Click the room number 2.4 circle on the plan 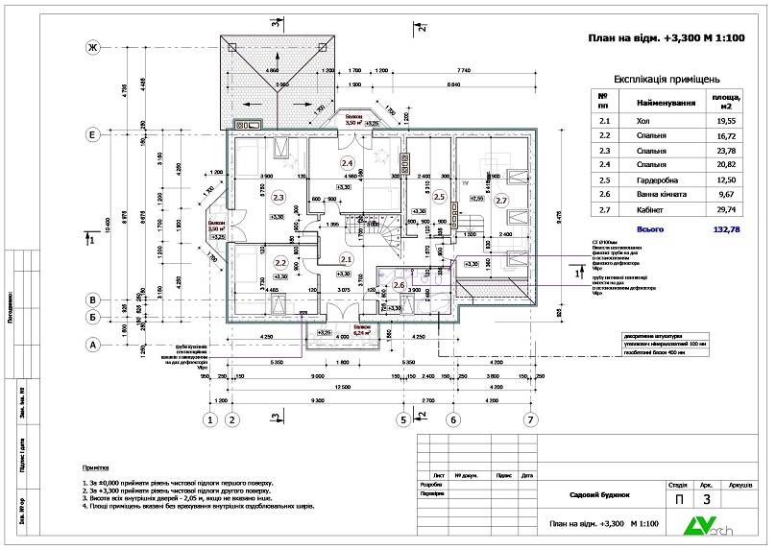[x=348, y=163]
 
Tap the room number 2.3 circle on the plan [x=279, y=198]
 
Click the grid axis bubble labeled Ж [x=94, y=48]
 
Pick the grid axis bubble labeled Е [x=94, y=135]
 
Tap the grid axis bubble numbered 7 [x=528, y=418]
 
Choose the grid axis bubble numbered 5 [x=403, y=418]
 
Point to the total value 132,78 [x=722, y=230]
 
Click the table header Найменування [x=666, y=102]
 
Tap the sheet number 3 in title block [x=707, y=499]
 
